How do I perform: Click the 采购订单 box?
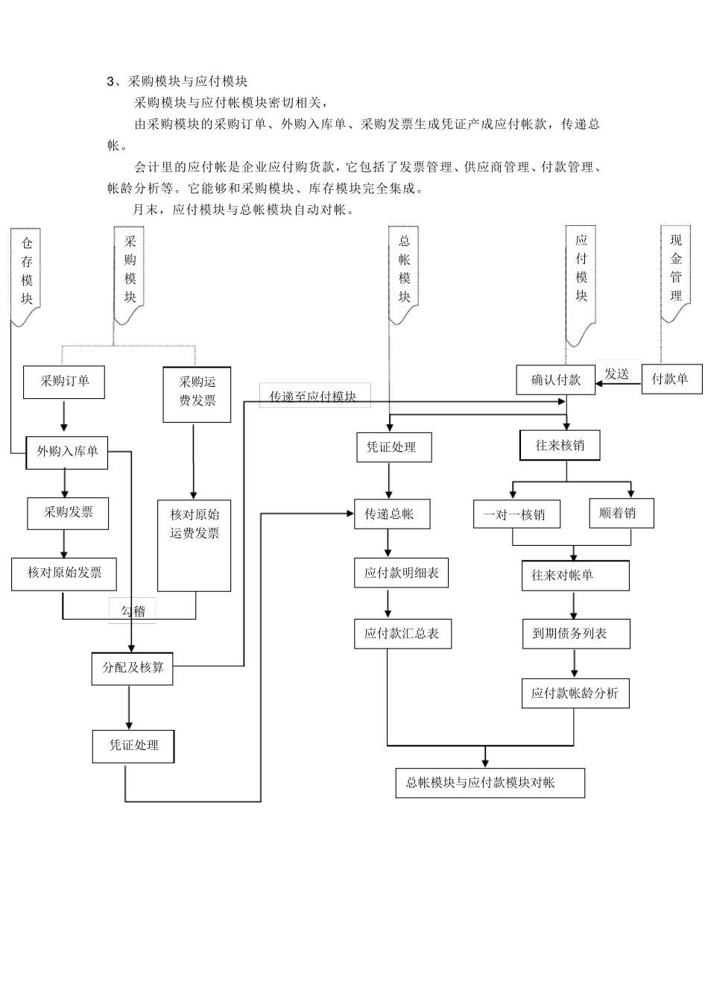pyautogui.click(x=64, y=382)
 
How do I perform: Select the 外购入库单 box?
pyautogui.click(x=67, y=452)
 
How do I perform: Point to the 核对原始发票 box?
pyautogui.click(x=65, y=573)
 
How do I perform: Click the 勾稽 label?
pyautogui.click(x=133, y=611)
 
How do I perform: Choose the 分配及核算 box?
pyautogui.click(x=133, y=668)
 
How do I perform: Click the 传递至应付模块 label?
pyautogui.click(x=313, y=397)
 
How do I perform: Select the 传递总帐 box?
pyautogui.click(x=391, y=514)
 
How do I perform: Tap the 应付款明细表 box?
pyautogui.click(x=401, y=573)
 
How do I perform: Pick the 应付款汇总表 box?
pyautogui.click(x=402, y=634)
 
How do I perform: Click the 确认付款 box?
pyautogui.click(x=555, y=379)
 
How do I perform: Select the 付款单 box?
pyautogui.click(x=671, y=379)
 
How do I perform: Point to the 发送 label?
pyautogui.click(x=617, y=374)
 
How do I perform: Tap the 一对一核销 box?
pyautogui.click(x=516, y=514)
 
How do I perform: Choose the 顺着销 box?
pyautogui.click(x=621, y=513)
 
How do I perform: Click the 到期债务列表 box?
pyautogui.click(x=575, y=634)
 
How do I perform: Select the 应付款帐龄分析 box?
pyautogui.click(x=575, y=693)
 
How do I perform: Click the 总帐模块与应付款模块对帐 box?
pyautogui.click(x=490, y=783)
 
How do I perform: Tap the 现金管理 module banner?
pyautogui.click(x=676, y=272)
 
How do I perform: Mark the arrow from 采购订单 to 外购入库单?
pyautogui.click(x=64, y=417)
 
